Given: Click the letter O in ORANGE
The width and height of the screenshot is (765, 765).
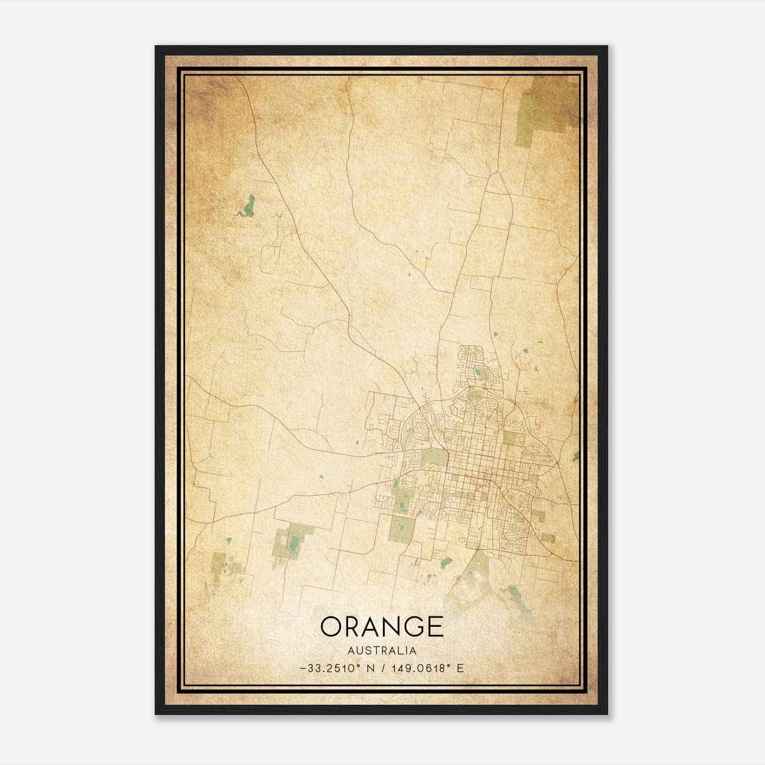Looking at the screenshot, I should pyautogui.click(x=331, y=626).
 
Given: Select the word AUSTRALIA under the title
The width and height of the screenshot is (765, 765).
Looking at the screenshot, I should pyautogui.click(x=382, y=651).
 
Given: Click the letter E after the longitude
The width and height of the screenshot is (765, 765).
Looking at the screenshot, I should pyautogui.click(x=460, y=668).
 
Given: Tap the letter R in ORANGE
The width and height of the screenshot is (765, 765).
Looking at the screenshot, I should pyautogui.click(x=353, y=626).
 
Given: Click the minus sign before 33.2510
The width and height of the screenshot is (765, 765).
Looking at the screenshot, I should pyautogui.click(x=304, y=669).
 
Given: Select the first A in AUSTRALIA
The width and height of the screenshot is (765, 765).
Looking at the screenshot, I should pyautogui.click(x=351, y=651).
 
